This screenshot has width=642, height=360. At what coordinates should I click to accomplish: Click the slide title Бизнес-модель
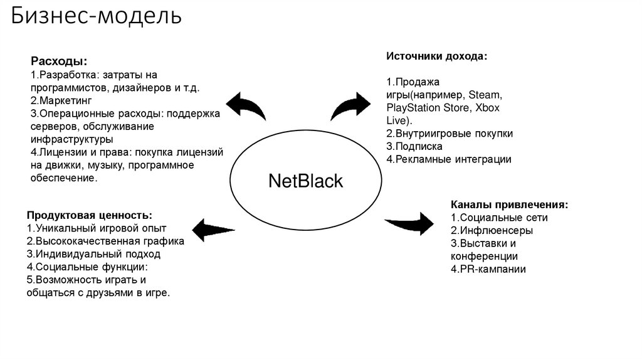(x=95, y=16)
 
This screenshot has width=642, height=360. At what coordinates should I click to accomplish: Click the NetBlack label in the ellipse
(x=305, y=181)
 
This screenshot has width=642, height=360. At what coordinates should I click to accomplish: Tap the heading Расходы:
(x=60, y=62)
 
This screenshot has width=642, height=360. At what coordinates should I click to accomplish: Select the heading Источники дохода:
(x=436, y=56)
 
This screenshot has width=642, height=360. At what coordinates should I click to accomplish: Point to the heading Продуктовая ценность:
(x=90, y=214)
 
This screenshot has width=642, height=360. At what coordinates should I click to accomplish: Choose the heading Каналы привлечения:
(x=510, y=204)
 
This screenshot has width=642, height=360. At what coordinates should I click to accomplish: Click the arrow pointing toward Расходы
(x=247, y=105)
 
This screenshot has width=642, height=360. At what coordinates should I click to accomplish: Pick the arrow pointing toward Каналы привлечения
(x=409, y=221)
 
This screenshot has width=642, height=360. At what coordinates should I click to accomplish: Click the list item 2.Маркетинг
(x=61, y=100)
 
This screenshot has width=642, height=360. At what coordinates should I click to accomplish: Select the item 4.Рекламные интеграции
(x=448, y=159)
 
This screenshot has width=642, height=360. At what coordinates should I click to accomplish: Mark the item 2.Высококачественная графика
(x=105, y=241)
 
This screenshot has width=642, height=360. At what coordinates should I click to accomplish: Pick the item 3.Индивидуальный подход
(x=93, y=254)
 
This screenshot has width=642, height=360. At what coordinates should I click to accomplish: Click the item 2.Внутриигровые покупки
(x=450, y=133)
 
